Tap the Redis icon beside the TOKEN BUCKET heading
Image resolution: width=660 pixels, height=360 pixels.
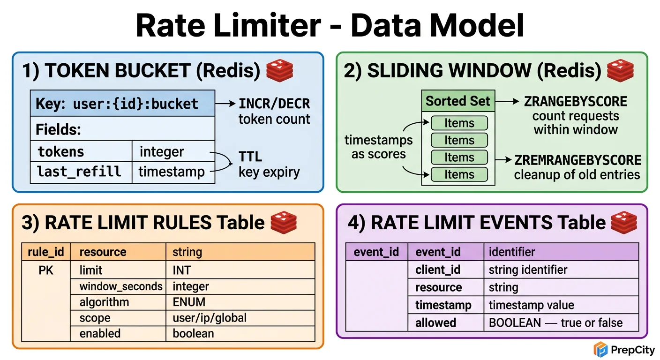click(x=279, y=71)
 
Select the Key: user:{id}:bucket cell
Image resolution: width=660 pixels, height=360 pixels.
click(x=122, y=104)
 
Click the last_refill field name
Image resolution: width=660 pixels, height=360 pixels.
click(x=79, y=172)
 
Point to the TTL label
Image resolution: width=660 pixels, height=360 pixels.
click(x=250, y=157)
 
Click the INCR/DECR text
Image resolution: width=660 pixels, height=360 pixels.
click(x=274, y=104)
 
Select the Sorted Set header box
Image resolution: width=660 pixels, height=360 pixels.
click(x=457, y=101)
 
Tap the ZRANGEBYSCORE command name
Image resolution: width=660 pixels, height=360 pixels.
click(x=575, y=101)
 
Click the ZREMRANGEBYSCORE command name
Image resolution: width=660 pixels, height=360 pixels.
click(x=577, y=160)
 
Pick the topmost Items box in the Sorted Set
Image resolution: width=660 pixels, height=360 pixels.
click(x=459, y=123)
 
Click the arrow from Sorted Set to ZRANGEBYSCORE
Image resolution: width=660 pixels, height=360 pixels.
click(x=506, y=101)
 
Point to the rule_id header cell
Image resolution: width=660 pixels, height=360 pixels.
click(x=45, y=252)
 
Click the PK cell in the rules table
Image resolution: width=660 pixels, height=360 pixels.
click(x=46, y=270)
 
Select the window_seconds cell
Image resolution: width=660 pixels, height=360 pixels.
click(x=121, y=286)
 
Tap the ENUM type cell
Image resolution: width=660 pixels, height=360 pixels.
click(x=189, y=302)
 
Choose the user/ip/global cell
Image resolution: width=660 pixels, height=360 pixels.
click(x=210, y=318)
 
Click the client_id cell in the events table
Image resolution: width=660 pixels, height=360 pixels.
click(x=438, y=270)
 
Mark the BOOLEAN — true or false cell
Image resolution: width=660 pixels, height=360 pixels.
click(x=555, y=322)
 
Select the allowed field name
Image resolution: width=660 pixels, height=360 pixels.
click(x=435, y=322)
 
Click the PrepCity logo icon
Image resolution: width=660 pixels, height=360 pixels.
click(x=600, y=349)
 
